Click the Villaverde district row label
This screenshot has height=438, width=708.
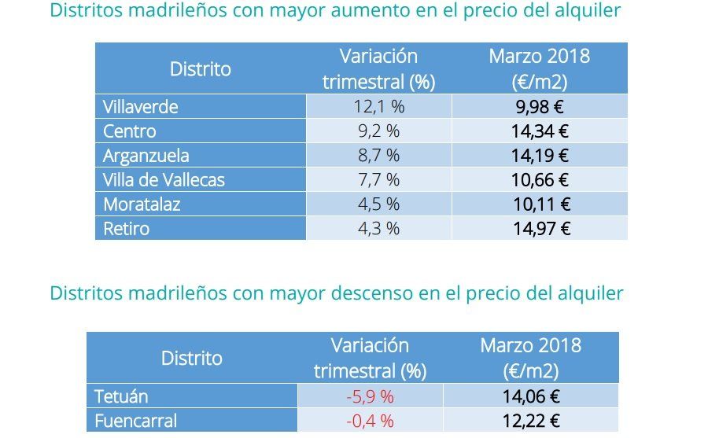tap(141, 106)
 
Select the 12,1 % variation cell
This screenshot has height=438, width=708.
tap(379, 106)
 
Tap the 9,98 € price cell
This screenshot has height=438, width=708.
tap(540, 106)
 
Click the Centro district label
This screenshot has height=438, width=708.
tap(130, 131)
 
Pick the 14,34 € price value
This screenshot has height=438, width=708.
tap(540, 131)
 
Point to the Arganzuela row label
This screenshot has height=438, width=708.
tap(146, 156)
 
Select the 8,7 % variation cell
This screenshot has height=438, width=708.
tap(379, 156)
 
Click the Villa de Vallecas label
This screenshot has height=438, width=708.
tap(164, 180)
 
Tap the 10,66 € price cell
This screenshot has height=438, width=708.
tap(540, 180)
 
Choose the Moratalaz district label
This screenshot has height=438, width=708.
tap(142, 204)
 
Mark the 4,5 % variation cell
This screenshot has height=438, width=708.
tap(379, 204)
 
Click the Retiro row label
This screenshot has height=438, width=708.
tap(127, 229)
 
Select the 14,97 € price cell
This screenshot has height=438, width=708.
tap(540, 229)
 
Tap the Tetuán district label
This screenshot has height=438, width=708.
tap(121, 396)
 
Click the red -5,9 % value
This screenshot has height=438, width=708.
tap(370, 396)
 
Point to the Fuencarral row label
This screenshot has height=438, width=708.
tap(135, 421)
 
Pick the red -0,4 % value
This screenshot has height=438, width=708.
tap(370, 421)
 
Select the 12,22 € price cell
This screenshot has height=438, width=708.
tap(531, 421)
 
